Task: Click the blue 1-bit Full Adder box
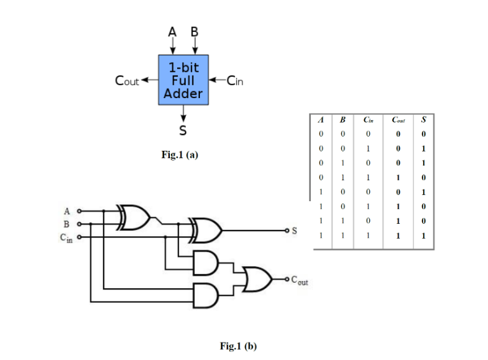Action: (x=183, y=80)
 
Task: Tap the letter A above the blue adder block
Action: (x=172, y=31)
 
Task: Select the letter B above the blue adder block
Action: (x=194, y=31)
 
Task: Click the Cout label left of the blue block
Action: (x=127, y=80)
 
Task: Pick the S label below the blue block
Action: (x=183, y=131)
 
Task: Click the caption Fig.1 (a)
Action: (x=180, y=155)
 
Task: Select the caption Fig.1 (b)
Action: (x=238, y=347)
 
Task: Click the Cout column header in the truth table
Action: (x=398, y=120)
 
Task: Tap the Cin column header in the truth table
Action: (x=368, y=120)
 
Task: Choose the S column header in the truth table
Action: (x=424, y=120)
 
